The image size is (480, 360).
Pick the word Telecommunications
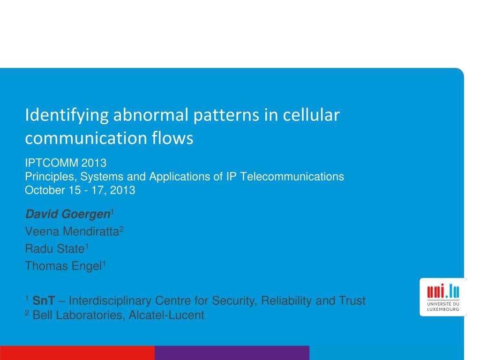click(292, 177)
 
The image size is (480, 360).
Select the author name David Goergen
click(67, 215)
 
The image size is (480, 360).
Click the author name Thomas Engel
click(63, 266)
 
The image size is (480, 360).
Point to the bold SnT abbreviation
click(44, 301)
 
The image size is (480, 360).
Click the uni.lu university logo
click(443, 297)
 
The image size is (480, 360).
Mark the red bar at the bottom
click(77, 353)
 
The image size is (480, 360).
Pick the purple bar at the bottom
click(232, 353)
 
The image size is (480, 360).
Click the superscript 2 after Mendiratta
click(121, 229)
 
